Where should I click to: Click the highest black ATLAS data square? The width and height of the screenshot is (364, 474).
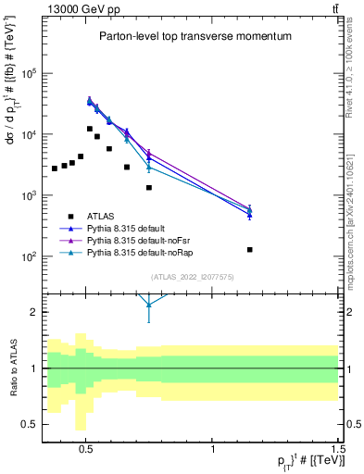pos(90,129)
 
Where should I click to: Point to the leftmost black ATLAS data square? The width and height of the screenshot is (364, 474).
pos(55,168)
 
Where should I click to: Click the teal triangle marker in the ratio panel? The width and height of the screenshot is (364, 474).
pos(148,303)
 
